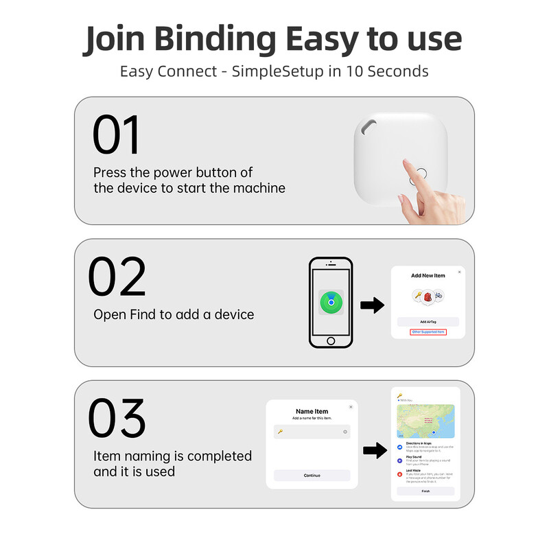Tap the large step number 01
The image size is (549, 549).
[116, 135]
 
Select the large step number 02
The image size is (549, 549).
[117, 277]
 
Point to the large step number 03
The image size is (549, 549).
[117, 419]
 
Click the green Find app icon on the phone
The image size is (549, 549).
[331, 301]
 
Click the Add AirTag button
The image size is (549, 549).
[428, 321]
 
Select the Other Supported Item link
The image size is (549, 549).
[428, 332]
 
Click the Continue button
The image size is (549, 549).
[312, 475]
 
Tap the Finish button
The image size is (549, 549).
[426, 491]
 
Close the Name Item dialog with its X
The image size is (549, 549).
[351, 407]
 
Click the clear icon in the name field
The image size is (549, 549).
[345, 432]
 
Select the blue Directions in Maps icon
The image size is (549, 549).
[400, 447]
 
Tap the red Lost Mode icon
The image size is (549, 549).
[400, 474]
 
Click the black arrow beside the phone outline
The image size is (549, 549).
[372, 306]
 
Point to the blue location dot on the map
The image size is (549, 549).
[434, 433]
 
